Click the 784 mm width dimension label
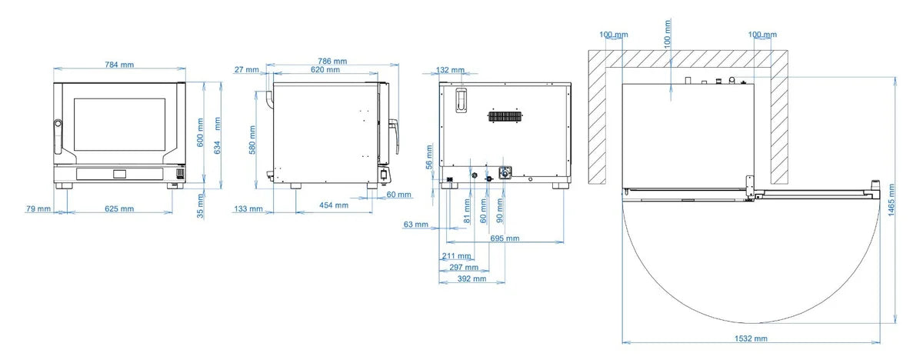119,65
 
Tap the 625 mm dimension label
119,208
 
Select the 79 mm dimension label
38,208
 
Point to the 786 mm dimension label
332,62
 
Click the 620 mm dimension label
325,70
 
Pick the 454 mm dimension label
334,205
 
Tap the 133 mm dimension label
248,208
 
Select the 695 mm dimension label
505,238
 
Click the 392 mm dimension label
471,279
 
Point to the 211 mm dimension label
457,256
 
